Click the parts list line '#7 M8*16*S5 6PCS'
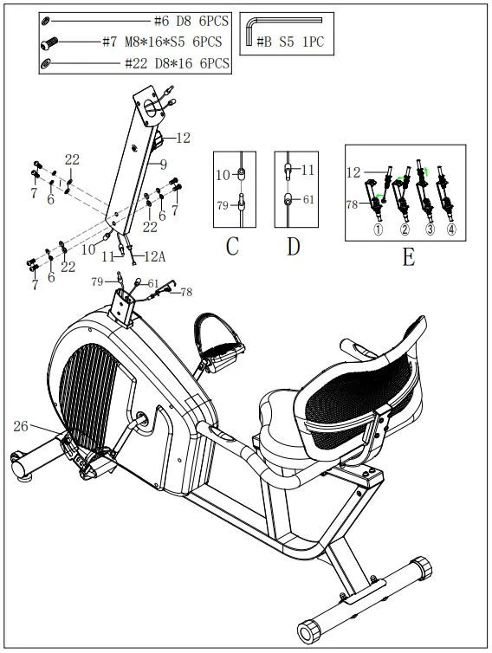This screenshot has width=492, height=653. click(x=161, y=42)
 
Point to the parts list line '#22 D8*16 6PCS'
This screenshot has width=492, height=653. click(x=177, y=62)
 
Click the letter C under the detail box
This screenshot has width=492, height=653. click(x=232, y=246)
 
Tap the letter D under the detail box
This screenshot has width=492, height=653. click(x=293, y=246)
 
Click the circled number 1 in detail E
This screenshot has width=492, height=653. click(x=378, y=230)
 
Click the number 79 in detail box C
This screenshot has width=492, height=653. click(x=223, y=204)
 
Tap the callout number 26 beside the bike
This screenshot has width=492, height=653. click(x=22, y=425)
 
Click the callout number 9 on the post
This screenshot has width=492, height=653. click(x=161, y=163)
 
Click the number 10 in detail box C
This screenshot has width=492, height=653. click(x=223, y=175)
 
